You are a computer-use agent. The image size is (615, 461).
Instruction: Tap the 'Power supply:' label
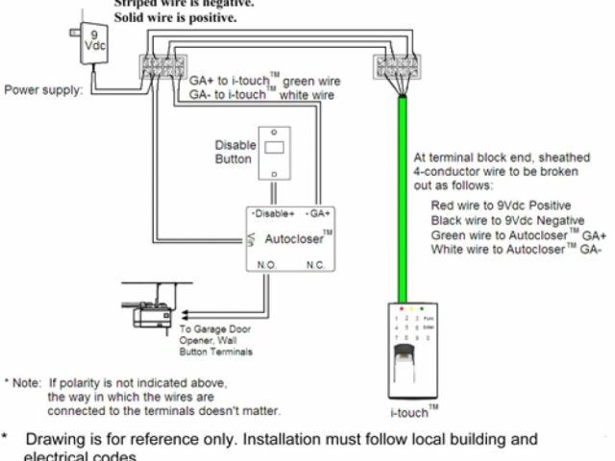[x=43, y=90]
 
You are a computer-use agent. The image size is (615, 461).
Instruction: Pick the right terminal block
[x=396, y=67]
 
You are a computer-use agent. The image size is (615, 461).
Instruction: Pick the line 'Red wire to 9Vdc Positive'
[x=501, y=206]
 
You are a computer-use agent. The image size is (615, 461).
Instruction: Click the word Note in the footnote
[x=28, y=382]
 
